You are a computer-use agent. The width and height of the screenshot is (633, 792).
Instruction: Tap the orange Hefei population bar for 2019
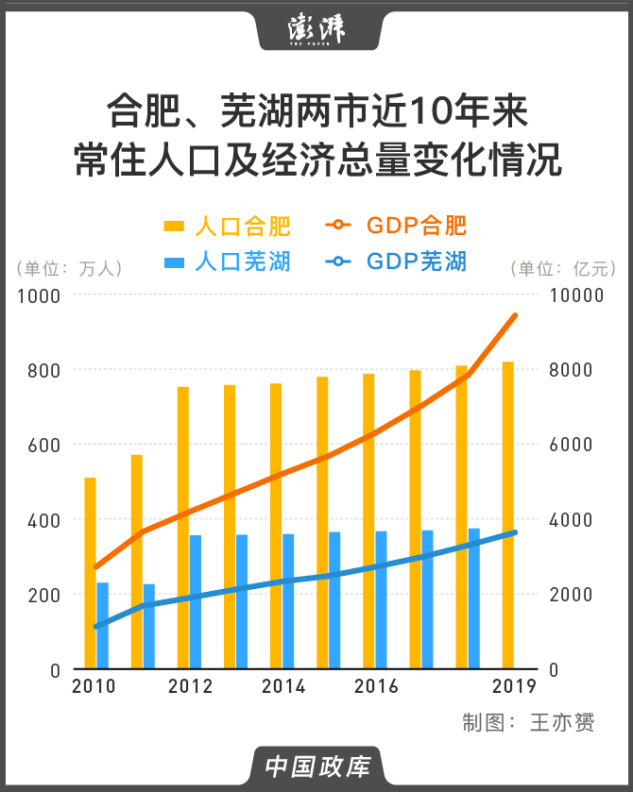pyautogui.click(x=508, y=514)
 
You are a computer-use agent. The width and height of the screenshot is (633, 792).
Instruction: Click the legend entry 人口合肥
pyautogui.click(x=228, y=227)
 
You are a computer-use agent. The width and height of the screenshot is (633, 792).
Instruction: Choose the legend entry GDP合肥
pyautogui.click(x=397, y=227)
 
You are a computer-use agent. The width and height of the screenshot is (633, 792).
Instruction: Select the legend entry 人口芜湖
pyautogui.click(x=228, y=261)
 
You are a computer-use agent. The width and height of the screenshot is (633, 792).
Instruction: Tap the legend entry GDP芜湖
pyautogui.click(x=397, y=261)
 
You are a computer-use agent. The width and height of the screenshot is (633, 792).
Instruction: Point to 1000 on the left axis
pyautogui.click(x=40, y=295)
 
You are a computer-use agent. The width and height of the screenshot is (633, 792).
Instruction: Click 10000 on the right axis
pyautogui.click(x=576, y=295)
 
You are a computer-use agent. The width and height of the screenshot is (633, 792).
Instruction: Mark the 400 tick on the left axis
pyautogui.click(x=44, y=519)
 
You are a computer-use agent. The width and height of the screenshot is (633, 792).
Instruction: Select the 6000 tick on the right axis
pyautogui.click(x=572, y=445)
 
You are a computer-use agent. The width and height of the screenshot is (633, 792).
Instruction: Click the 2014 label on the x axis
pyautogui.click(x=281, y=686)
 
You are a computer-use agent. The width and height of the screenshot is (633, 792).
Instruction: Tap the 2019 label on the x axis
pyautogui.click(x=513, y=686)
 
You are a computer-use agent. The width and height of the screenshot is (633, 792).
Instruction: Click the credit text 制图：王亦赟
pyautogui.click(x=528, y=723)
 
